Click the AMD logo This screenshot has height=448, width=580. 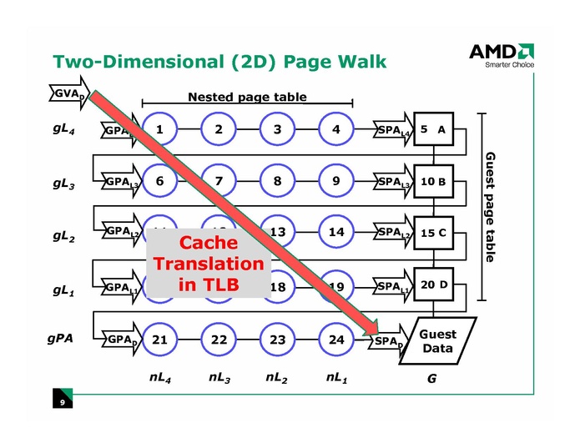click(501, 52)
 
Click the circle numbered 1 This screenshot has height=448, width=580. click(159, 129)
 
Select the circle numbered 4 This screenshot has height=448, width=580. click(335, 129)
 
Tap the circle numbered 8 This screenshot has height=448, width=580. click(277, 180)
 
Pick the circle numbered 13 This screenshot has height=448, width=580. click(277, 232)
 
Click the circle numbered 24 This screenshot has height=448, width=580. click(335, 339)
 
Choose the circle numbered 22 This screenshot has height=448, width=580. click(219, 339)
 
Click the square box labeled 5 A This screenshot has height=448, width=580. click(433, 129)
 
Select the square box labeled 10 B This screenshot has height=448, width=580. click(433, 181)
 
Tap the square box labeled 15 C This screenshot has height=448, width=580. click(433, 233)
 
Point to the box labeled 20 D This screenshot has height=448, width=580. click(433, 284)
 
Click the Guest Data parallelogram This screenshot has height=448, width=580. click(437, 340)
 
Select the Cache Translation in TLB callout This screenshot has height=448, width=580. click(209, 263)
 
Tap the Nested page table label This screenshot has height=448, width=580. click(247, 97)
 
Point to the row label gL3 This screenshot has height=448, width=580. click(63, 185)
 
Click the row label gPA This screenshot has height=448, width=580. click(60, 340)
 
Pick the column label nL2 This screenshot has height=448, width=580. click(277, 377)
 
